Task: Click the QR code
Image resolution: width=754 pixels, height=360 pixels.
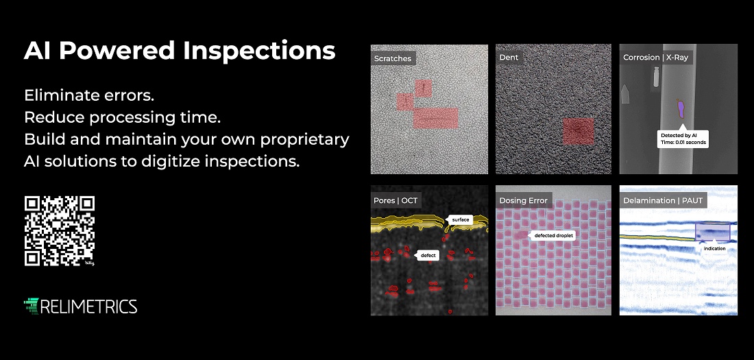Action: tap(60, 230)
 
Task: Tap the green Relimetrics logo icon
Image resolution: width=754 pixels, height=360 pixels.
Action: tap(31, 306)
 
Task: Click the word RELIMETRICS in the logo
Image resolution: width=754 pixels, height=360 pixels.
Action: tap(89, 307)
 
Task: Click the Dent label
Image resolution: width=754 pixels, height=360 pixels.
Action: tap(509, 58)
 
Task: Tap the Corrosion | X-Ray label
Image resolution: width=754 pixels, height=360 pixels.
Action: tap(655, 58)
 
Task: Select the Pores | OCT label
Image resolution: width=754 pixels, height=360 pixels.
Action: tap(396, 201)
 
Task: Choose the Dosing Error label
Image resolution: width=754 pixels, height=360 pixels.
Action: tap(523, 201)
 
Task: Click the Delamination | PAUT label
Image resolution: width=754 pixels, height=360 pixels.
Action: tap(663, 201)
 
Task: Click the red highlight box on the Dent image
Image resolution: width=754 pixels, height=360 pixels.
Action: tap(579, 132)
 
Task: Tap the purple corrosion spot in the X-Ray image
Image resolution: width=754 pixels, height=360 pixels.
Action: tap(681, 108)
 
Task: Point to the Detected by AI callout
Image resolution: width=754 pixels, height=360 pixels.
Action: tap(683, 139)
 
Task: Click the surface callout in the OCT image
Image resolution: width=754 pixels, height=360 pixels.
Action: tap(460, 219)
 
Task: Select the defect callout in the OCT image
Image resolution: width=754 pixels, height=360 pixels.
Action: tap(428, 255)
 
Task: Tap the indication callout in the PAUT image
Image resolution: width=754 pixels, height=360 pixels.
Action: tap(714, 248)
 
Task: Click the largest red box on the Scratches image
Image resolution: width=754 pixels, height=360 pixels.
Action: tap(435, 119)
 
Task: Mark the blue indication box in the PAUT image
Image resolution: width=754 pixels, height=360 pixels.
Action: tap(713, 232)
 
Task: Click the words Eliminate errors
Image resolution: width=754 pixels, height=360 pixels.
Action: tap(89, 95)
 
